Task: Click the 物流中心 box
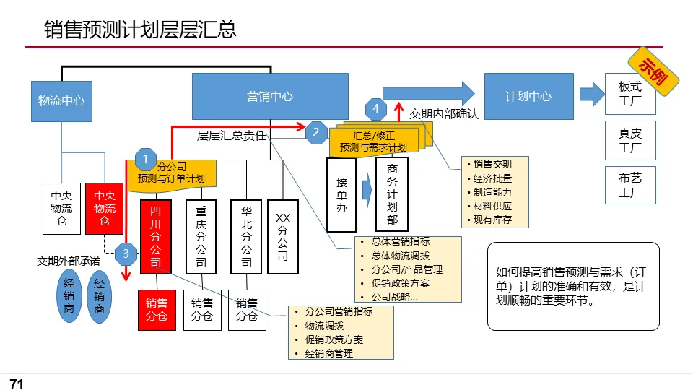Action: pyautogui.click(x=61, y=100)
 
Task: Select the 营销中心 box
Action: pyautogui.click(x=270, y=96)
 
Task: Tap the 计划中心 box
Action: pyautogui.click(x=528, y=96)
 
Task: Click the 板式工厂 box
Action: pyautogui.click(x=629, y=93)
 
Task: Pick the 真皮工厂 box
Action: pyautogui.click(x=629, y=140)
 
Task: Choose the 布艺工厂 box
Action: pyautogui.click(x=629, y=184)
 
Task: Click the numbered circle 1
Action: pyautogui.click(x=145, y=159)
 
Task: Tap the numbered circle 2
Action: pyautogui.click(x=316, y=132)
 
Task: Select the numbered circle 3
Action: pyautogui.click(x=126, y=253)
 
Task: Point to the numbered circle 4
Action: pyautogui.click(x=375, y=109)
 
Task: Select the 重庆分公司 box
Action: pyautogui.click(x=201, y=237)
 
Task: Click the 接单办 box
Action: pyautogui.click(x=341, y=194)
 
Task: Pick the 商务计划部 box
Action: pyautogui.click(x=392, y=193)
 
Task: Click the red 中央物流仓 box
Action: pyautogui.click(x=105, y=208)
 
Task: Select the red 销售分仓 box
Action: pyautogui.click(x=157, y=309)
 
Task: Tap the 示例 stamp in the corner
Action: pyautogui.click(x=655, y=72)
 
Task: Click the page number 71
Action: pyautogui.click(x=17, y=383)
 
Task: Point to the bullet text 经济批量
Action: pyautogui.click(x=493, y=178)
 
